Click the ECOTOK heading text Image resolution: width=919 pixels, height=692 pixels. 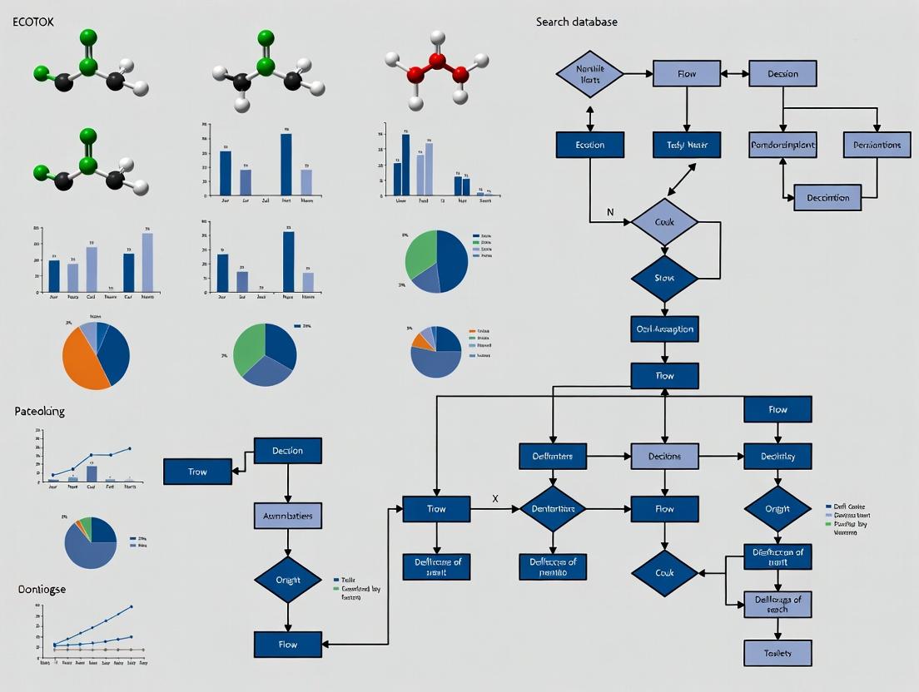point(33,22)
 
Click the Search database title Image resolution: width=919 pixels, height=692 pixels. point(576,22)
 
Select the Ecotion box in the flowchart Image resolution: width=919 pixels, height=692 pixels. point(590,145)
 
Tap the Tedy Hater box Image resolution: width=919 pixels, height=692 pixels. point(686,145)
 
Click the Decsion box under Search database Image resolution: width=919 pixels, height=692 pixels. point(782,73)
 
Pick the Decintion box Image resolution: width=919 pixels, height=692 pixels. point(827,198)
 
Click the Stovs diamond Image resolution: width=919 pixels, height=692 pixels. point(663,278)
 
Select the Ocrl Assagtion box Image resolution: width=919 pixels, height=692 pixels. point(664,329)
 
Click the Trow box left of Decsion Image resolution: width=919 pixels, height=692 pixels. point(197,472)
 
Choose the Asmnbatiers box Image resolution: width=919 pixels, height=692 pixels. point(287,516)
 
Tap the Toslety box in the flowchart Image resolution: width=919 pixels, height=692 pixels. point(777,653)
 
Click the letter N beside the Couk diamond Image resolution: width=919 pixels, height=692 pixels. point(610,212)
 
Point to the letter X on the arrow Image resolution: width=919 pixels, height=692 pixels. point(495,498)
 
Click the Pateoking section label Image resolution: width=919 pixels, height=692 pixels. point(39,411)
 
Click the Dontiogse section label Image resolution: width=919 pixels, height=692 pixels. point(42,589)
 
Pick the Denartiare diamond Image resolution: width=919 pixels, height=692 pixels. point(553,509)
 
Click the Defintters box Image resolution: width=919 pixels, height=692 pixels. point(553,456)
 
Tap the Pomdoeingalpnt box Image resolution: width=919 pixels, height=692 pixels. point(782,145)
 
